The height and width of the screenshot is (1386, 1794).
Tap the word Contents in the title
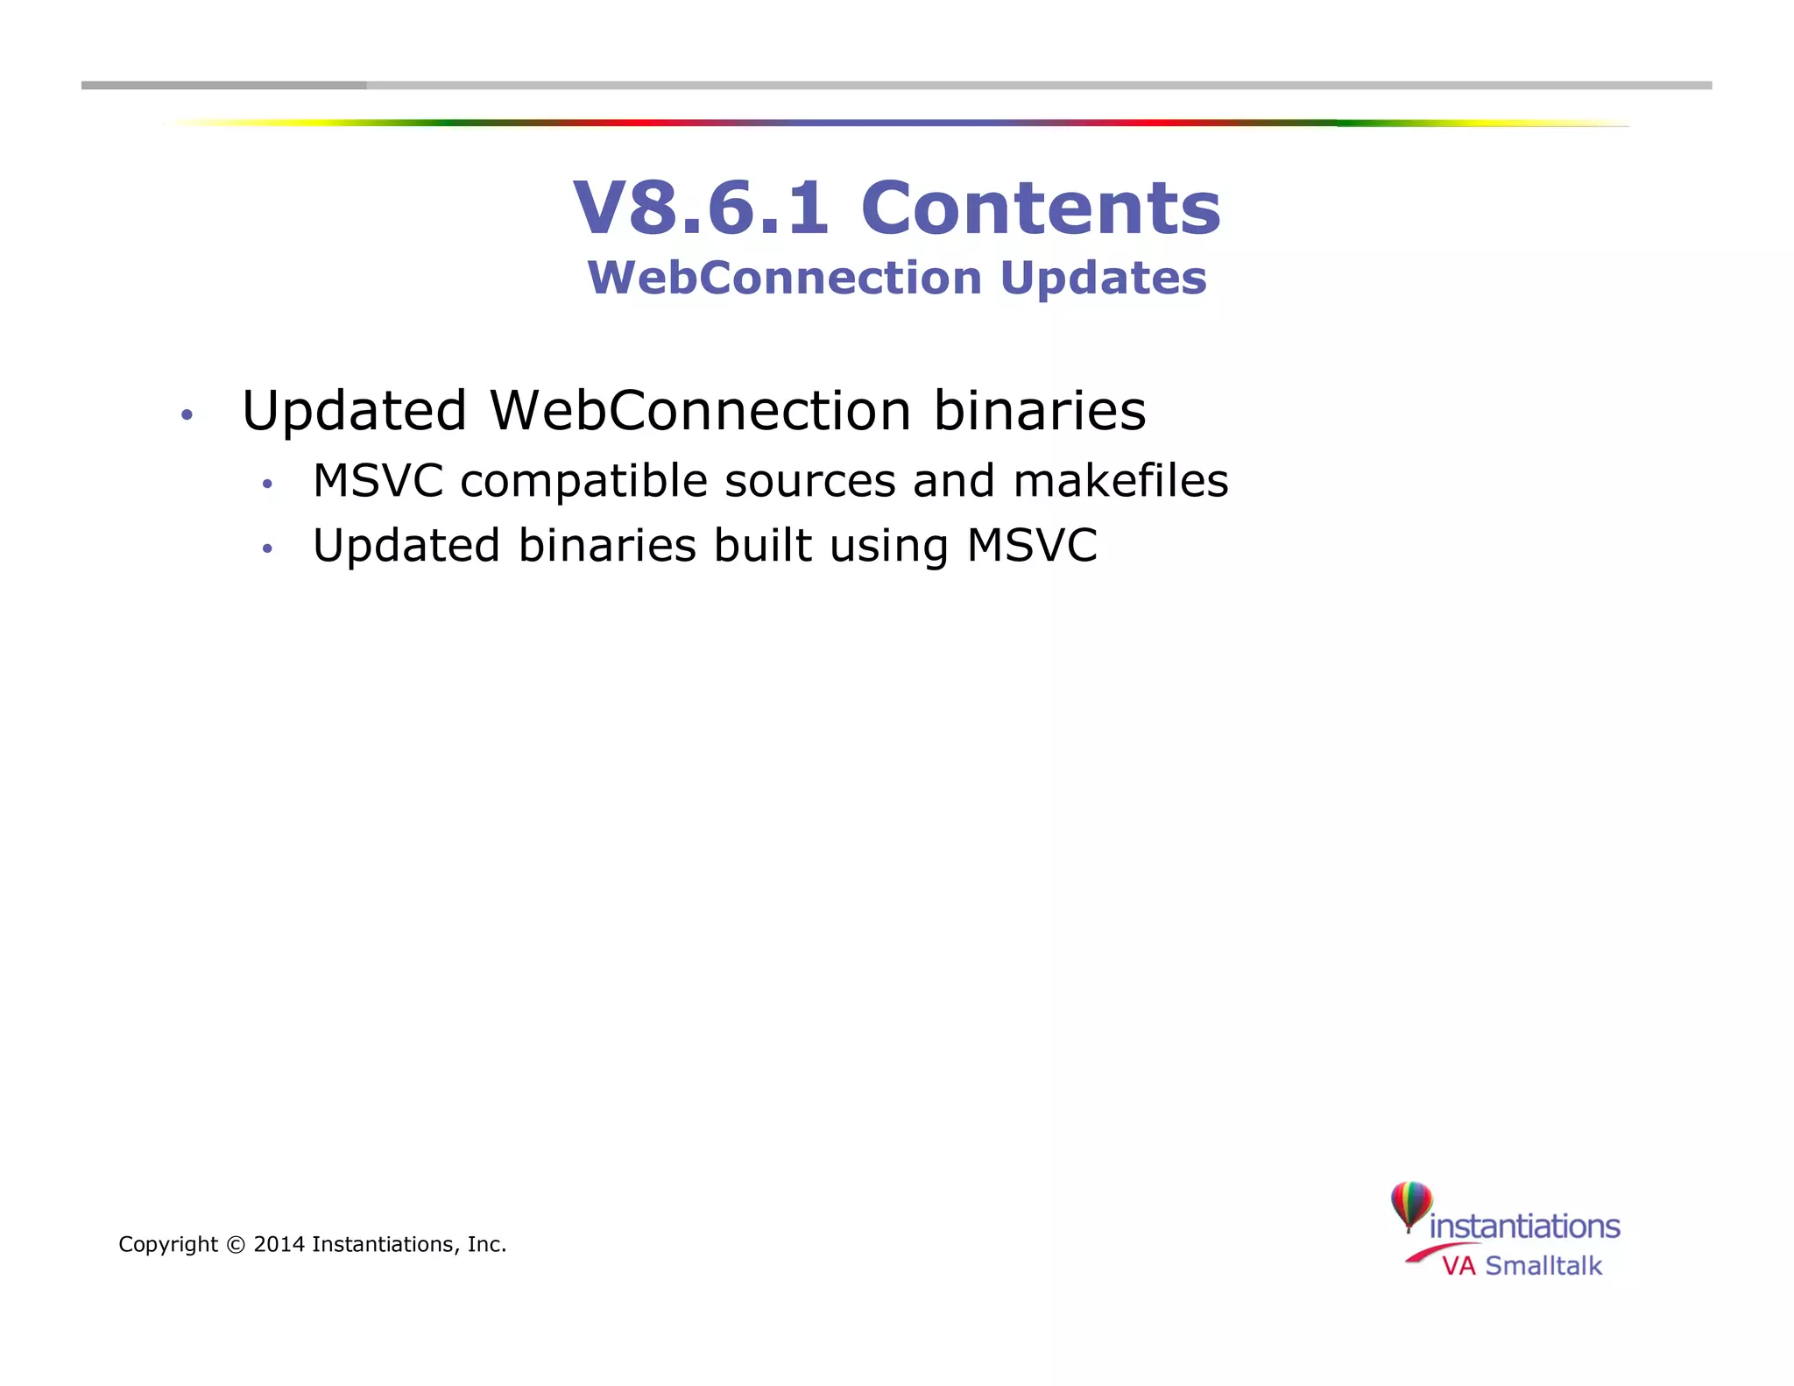click(1041, 209)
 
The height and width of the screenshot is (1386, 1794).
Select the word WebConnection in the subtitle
click(785, 278)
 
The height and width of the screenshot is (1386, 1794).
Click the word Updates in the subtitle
click(1103, 278)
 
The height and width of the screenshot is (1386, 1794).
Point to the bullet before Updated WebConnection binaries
click(186, 414)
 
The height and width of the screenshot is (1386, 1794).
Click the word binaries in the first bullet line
click(1039, 410)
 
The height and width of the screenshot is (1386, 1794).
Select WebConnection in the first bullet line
click(700, 410)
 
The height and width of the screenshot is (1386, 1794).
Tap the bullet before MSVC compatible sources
click(267, 484)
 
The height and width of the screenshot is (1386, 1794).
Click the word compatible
click(583, 482)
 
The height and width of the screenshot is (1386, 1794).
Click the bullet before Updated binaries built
click(267, 549)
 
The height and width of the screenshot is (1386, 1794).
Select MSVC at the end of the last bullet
click(1031, 545)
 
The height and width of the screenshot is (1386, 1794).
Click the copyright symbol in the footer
click(235, 1244)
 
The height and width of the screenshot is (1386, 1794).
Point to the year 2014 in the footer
click(279, 1244)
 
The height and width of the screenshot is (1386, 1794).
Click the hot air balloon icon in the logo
click(1410, 1205)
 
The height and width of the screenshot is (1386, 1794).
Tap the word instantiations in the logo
click(1524, 1226)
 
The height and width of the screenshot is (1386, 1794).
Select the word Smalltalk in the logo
click(1543, 1266)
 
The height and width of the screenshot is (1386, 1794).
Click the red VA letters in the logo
click(1459, 1266)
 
